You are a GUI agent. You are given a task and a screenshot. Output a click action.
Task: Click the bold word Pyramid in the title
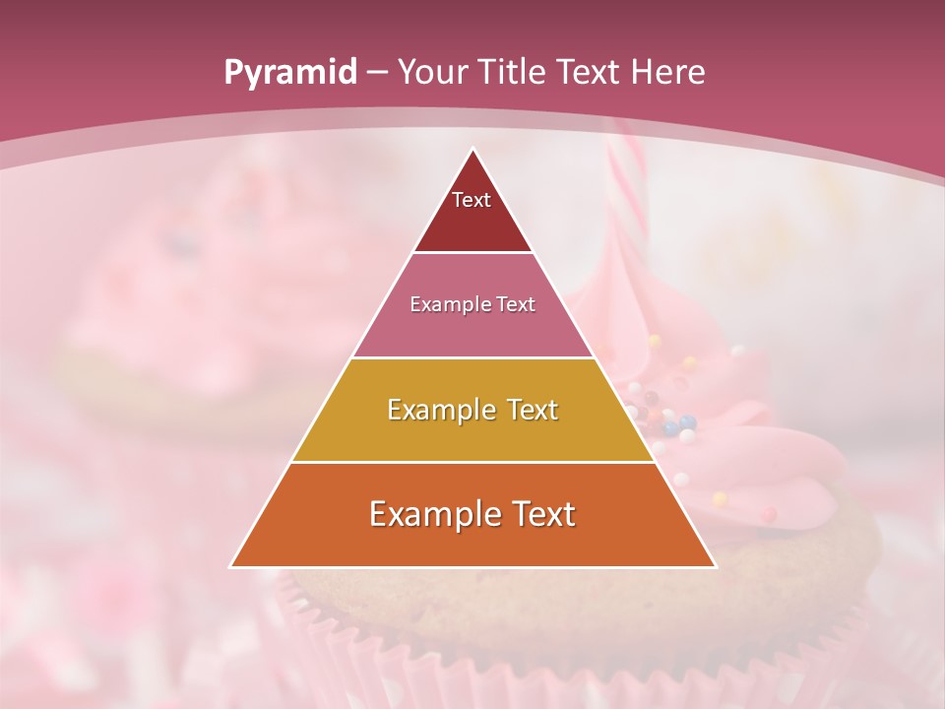pos(290,73)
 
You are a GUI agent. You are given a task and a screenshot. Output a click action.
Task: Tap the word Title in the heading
pos(517,73)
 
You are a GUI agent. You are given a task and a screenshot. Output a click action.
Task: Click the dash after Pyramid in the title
pos(377,73)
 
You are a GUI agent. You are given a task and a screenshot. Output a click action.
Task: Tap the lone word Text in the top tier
pos(472,200)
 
